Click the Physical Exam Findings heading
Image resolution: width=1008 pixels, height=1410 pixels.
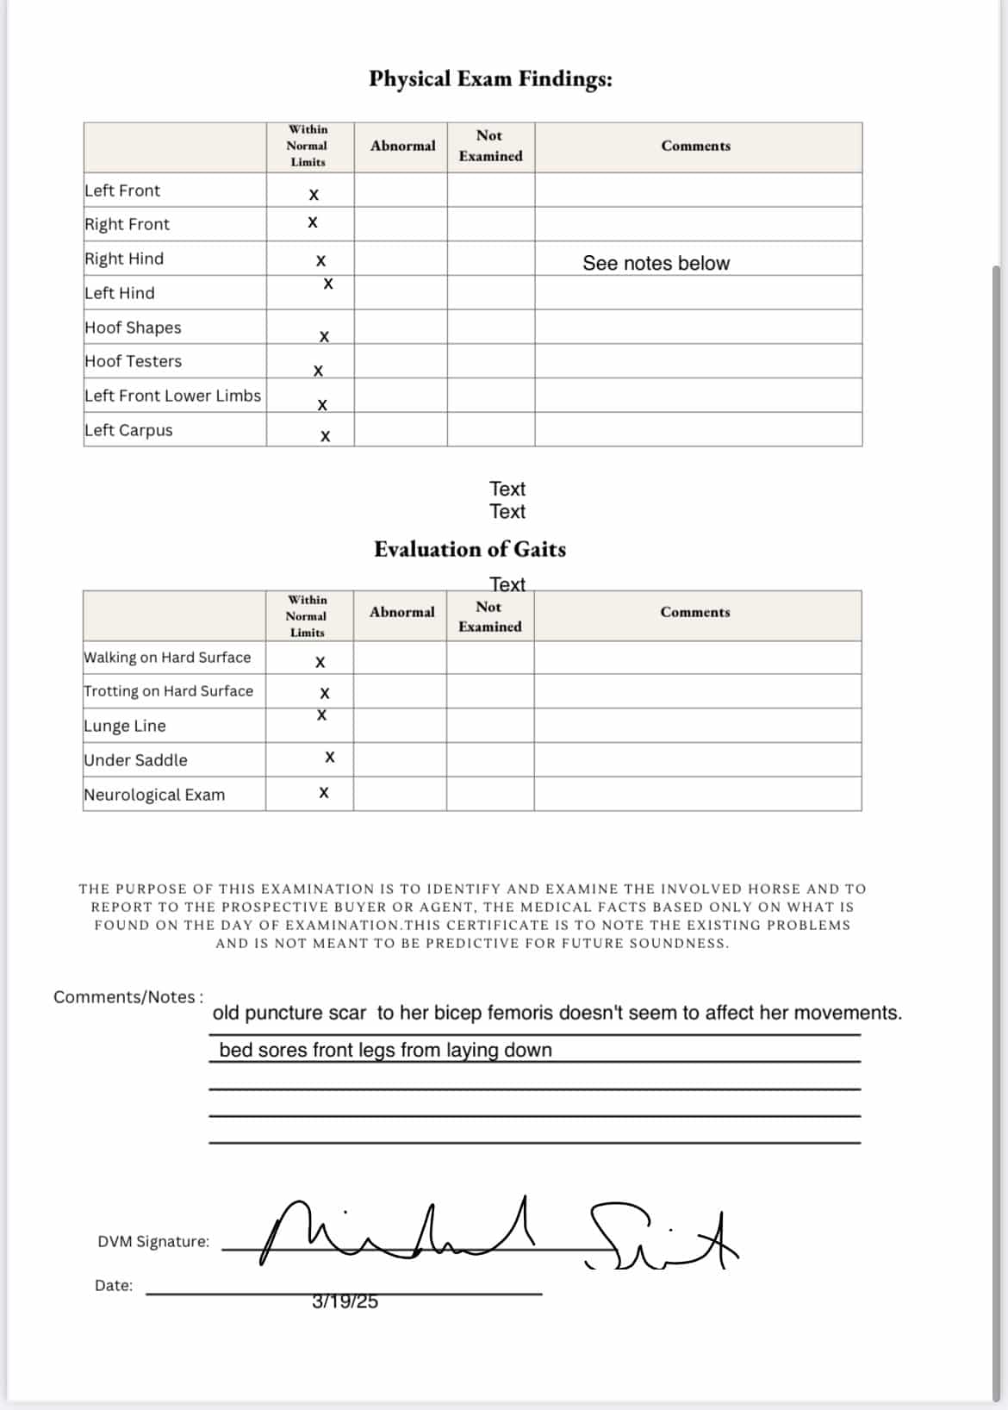point(490,79)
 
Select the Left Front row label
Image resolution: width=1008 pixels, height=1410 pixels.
point(122,190)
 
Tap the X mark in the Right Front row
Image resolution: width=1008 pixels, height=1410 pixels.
point(313,222)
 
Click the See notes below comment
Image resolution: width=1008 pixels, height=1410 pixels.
point(656,263)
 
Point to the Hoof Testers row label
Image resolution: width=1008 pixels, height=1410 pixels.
point(134,361)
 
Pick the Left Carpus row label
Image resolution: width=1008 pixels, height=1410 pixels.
point(128,430)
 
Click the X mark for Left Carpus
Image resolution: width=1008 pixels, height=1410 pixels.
point(325,436)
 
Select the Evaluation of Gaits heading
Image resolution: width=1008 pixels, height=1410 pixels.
point(470,549)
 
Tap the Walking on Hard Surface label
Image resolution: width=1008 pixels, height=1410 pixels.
point(167,658)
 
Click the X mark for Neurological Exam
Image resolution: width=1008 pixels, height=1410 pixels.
point(324,793)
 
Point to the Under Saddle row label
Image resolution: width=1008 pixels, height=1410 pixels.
point(135,760)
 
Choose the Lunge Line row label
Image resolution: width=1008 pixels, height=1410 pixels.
point(125,726)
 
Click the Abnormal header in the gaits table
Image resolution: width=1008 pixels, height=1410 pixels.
point(402,612)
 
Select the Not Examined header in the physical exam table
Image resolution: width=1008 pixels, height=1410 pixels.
point(490,146)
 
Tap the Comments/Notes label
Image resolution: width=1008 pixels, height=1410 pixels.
point(128,997)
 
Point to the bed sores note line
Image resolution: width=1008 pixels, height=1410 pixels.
point(385,1050)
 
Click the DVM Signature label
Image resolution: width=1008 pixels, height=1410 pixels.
point(153,1242)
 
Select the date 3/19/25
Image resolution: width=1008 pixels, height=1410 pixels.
point(345,1301)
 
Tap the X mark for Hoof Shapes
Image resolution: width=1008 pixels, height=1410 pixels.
point(324,336)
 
